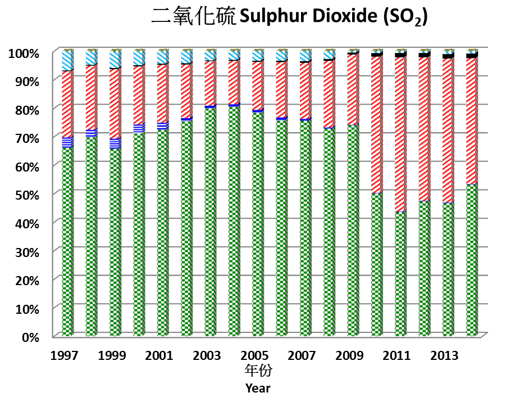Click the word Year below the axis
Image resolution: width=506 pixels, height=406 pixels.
coord(258,388)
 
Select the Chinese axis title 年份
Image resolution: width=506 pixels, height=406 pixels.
coord(258,372)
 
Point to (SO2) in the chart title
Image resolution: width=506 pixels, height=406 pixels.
coord(405,19)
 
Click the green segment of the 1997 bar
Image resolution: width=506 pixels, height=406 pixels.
coord(67,242)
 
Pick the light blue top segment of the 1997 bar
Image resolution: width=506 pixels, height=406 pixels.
coord(67,61)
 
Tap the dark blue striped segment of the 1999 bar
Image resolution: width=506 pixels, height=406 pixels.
coord(115,143)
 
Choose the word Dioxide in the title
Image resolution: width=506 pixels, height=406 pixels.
coord(348,17)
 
